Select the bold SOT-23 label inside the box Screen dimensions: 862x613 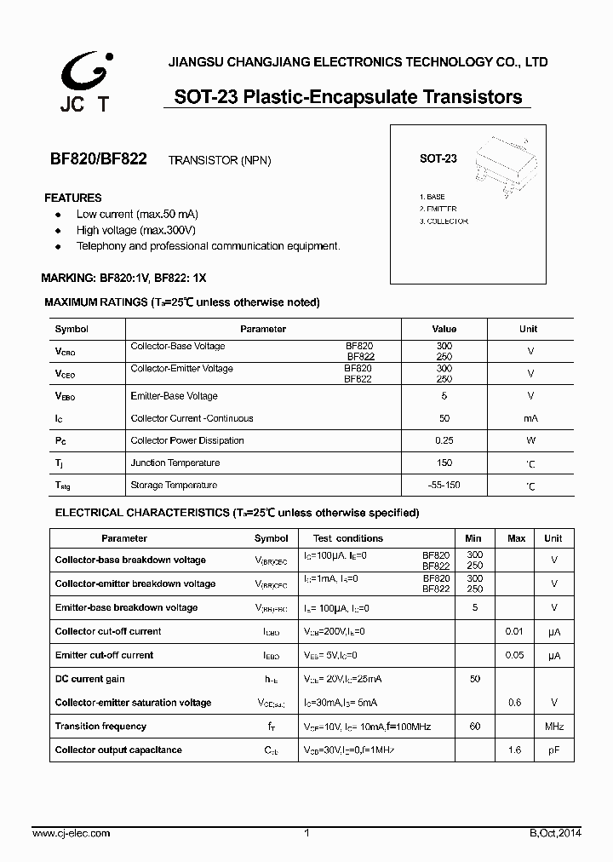point(438,158)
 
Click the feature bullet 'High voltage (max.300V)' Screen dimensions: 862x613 point(135,230)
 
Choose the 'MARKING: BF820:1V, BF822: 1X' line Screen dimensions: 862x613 point(123,279)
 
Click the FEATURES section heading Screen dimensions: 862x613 point(72,198)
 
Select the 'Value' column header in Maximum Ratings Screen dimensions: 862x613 point(444,329)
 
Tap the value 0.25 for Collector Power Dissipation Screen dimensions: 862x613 point(444,440)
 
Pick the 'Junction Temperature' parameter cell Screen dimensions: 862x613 point(175,463)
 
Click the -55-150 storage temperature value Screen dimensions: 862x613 point(444,485)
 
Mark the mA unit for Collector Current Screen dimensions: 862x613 point(530,418)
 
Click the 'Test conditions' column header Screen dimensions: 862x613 point(347,538)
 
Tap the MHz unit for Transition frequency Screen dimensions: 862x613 point(554,727)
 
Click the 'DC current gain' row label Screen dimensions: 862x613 point(89,679)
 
